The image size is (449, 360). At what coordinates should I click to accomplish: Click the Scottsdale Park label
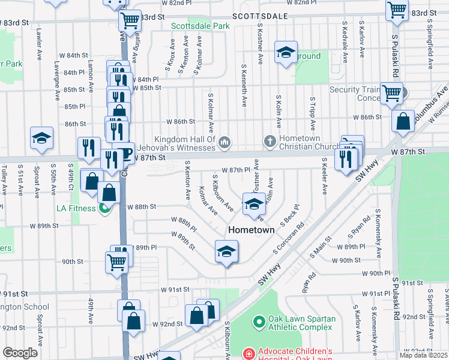pyautogui.click(x=200, y=26)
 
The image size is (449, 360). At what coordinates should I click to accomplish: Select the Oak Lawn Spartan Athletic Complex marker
pyautogui.click(x=259, y=322)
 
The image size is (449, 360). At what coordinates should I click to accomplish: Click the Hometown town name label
pyautogui.click(x=251, y=230)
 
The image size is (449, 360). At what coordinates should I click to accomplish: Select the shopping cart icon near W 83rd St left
pyautogui.click(x=130, y=20)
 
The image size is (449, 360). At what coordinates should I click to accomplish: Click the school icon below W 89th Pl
pyautogui.click(x=227, y=251)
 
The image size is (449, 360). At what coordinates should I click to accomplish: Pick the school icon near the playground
pyautogui.click(x=286, y=52)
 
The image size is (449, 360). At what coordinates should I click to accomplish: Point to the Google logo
pyautogui.click(x=20, y=352)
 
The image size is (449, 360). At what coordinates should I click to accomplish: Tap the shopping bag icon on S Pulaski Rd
pyautogui.click(x=403, y=121)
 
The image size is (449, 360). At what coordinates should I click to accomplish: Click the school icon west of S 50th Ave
pyautogui.click(x=42, y=137)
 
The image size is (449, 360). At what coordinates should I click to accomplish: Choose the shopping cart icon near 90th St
pyautogui.click(x=116, y=261)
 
